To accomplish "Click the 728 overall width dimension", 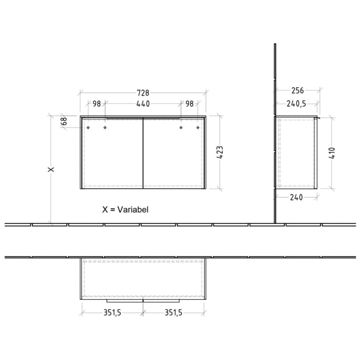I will pyautogui.click(x=142, y=93).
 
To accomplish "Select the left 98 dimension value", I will pyautogui.click(x=96, y=104).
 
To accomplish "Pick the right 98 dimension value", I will pyautogui.click(x=189, y=104).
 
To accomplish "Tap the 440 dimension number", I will pyautogui.click(x=142, y=104).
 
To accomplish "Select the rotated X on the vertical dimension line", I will pyautogui.click(x=50, y=169).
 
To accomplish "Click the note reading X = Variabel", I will pyautogui.click(x=126, y=210).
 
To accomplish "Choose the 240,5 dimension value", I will pyautogui.click(x=296, y=104).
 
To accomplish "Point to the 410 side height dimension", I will pyautogui.click(x=332, y=153).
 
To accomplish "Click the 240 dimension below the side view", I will pyautogui.click(x=297, y=197).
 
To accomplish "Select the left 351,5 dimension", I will pyautogui.click(x=111, y=312).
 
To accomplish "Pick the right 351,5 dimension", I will pyautogui.click(x=174, y=312).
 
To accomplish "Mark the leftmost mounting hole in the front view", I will pyautogui.click(x=88, y=127).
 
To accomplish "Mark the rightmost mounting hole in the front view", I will pyautogui.click(x=198, y=127).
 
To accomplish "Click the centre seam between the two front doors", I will pyautogui.click(x=143, y=154).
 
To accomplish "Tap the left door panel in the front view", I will pyautogui.click(x=112, y=154).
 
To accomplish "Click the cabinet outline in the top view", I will pyautogui.click(x=143, y=278).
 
